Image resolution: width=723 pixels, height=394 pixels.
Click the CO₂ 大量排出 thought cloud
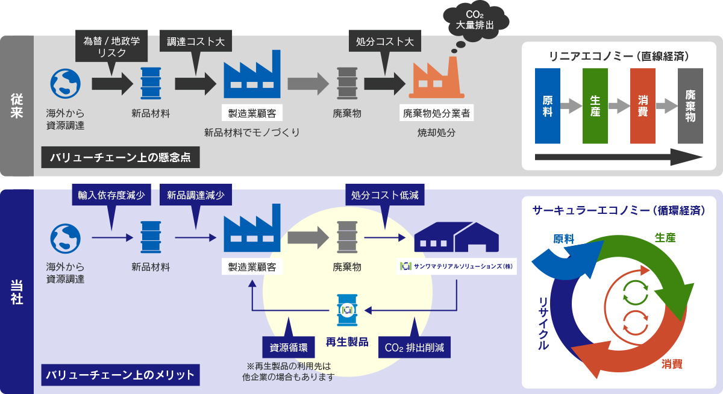point(474,22)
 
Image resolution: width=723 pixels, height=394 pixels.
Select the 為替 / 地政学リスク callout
point(111,46)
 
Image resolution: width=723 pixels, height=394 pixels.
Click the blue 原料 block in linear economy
point(547,105)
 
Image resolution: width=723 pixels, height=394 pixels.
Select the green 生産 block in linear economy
point(595,105)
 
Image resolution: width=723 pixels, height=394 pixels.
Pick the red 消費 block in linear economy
point(642,105)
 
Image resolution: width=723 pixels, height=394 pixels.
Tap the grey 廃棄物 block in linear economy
point(690,105)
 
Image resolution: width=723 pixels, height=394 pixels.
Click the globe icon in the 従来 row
point(65,84)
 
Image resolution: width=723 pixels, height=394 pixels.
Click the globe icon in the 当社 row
point(65,239)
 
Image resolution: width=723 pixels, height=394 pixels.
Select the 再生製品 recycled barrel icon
point(346,310)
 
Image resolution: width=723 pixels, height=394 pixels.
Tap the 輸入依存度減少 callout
point(111,196)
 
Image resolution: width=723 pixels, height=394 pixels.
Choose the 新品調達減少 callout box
point(196,196)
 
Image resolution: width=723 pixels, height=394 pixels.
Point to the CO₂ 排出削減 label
point(414,348)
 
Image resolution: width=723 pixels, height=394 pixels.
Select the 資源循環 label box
point(286,348)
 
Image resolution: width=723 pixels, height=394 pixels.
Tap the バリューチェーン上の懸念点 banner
point(120,158)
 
